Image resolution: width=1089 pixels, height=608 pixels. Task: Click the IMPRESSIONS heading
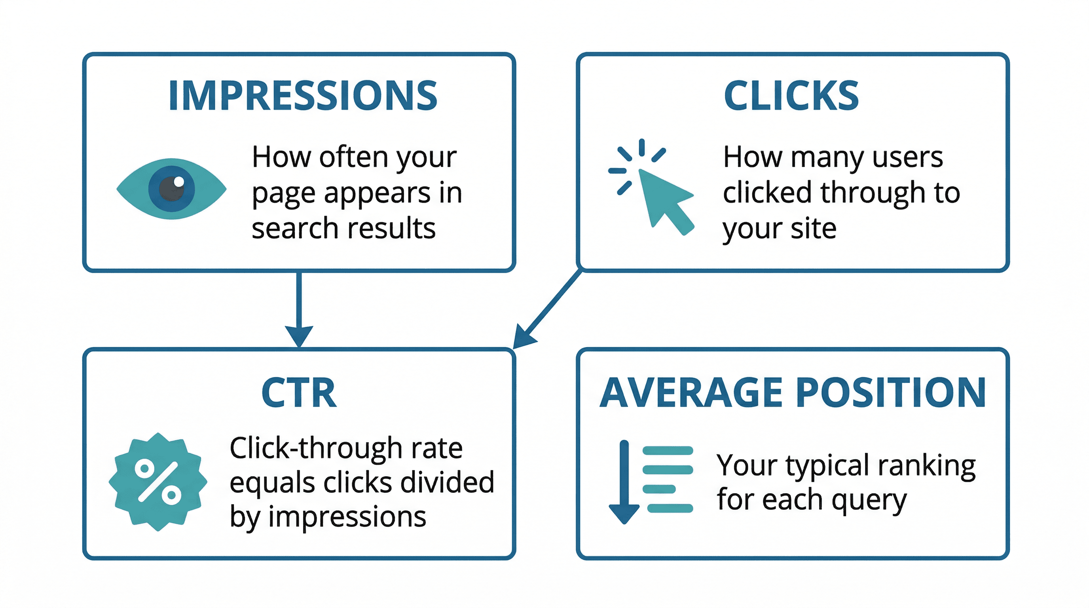303,95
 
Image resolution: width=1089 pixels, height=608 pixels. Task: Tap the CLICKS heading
791,95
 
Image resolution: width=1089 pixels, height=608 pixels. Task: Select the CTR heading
299,393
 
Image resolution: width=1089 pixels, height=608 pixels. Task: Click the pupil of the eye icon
172,188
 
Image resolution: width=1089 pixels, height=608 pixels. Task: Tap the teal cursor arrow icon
664,199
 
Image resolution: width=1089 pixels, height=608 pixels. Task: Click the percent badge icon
157,482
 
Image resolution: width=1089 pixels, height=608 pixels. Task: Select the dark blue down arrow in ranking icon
624,482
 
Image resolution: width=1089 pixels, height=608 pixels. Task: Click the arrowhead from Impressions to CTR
299,335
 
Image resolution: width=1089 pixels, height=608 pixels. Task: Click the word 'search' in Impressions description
288,229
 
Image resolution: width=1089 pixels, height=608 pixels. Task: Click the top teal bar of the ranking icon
668,451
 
